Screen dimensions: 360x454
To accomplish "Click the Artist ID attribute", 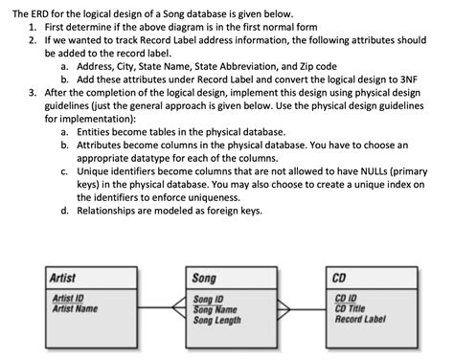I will pos(69,299).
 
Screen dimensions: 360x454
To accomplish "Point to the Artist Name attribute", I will pos(76,308).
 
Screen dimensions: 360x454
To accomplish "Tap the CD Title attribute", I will pos(352,308).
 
